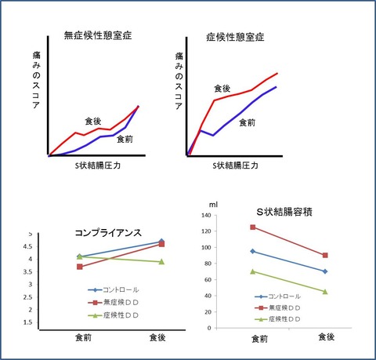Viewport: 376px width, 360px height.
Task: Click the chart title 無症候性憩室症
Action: [98, 35]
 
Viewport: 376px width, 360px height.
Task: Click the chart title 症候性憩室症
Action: [235, 37]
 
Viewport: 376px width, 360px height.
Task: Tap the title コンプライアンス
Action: [108, 233]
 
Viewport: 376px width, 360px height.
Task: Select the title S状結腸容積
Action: [284, 212]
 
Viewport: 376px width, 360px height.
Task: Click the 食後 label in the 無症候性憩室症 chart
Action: [93, 121]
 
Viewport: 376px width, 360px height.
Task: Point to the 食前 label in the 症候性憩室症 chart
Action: [247, 122]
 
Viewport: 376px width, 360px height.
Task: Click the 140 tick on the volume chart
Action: [206, 215]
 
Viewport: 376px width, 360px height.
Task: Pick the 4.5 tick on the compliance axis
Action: [27, 246]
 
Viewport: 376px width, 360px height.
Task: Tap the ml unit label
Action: [213, 205]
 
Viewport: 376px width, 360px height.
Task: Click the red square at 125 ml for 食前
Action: [253, 227]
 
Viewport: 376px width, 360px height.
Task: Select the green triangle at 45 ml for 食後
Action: [325, 292]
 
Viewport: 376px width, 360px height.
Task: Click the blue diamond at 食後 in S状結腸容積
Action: [325, 271]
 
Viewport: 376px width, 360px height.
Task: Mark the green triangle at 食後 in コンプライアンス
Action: [161, 261]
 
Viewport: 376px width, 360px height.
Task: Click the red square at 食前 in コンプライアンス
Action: [80, 267]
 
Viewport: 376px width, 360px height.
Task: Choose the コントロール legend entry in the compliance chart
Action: [114, 289]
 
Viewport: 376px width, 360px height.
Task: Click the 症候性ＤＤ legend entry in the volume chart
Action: [277, 319]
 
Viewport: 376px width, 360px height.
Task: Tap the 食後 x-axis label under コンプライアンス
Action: [157, 337]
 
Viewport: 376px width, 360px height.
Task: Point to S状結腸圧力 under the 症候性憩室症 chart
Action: [235, 165]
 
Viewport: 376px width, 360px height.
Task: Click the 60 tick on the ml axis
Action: [208, 279]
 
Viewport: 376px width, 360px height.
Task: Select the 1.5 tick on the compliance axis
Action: [27, 322]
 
